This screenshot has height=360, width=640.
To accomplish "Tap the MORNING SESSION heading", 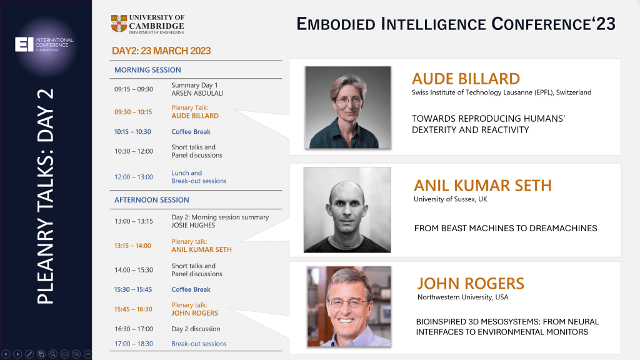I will pos(147,70).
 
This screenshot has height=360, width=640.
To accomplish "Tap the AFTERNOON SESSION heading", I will pos(151,200).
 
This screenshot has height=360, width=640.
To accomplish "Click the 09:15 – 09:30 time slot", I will pos(133,89).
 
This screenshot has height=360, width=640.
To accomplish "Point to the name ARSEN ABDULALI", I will pos(197,93).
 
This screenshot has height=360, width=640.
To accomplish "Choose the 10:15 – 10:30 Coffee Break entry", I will pos(191,132).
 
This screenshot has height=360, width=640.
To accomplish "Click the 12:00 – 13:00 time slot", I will pos(133,177).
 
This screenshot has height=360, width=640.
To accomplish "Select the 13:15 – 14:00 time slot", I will pos(132,246).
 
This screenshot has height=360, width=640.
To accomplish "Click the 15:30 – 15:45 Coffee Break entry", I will pos(191,289).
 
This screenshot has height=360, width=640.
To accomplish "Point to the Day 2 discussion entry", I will pos(196,329).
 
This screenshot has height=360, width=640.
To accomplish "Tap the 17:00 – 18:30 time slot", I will pos(133,344).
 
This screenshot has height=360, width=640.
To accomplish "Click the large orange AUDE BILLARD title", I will pos(466,79).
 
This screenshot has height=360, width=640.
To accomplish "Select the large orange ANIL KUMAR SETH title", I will pos(482,186).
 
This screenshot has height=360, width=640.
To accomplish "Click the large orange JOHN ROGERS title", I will pos(471,283).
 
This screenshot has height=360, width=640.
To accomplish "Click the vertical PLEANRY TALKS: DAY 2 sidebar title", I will pos(45,197).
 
